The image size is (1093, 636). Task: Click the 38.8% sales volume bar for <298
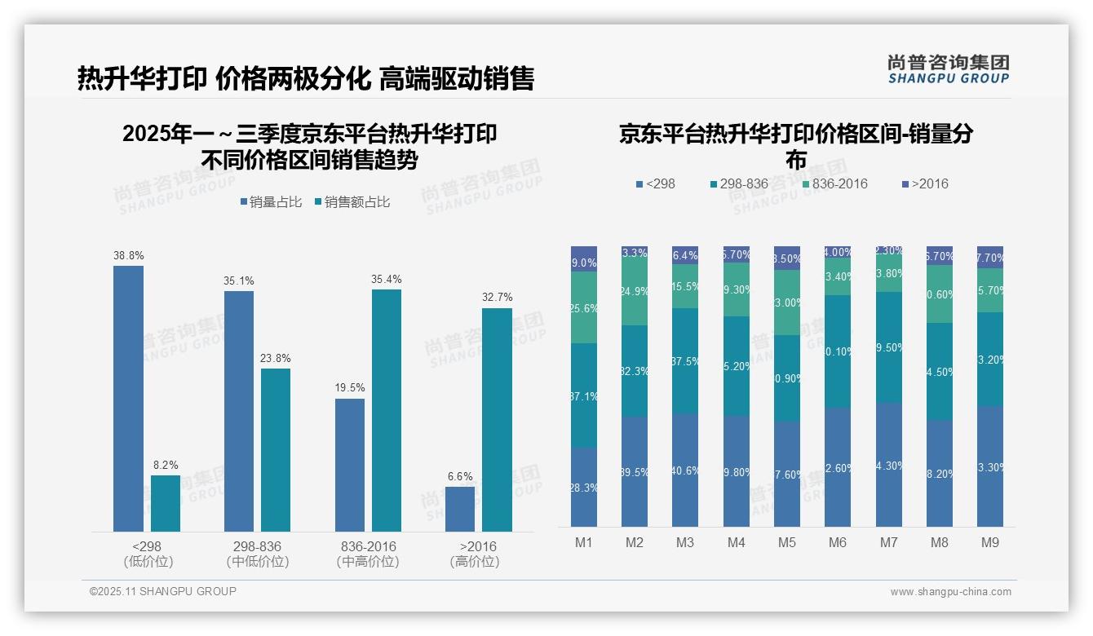tap(128, 399)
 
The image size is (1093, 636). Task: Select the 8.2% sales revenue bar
tap(166, 503)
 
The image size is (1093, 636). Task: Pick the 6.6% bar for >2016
tap(460, 509)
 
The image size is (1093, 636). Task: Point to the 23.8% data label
tap(276, 358)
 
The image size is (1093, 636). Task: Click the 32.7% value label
tap(497, 298)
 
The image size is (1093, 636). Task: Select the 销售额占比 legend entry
tap(352, 202)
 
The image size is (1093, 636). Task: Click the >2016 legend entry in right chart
tap(925, 183)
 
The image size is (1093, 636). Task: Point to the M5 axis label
tap(786, 542)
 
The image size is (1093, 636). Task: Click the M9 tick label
tap(989, 542)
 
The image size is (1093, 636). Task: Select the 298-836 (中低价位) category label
tap(257, 554)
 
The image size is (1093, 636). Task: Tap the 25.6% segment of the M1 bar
tap(584, 307)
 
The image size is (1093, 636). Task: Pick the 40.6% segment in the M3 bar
tap(685, 470)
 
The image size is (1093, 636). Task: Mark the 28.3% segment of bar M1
tap(584, 487)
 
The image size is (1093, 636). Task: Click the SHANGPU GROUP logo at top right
tap(948, 69)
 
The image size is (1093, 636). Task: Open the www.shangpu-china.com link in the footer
tap(950, 592)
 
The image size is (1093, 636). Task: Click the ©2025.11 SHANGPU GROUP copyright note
tap(163, 591)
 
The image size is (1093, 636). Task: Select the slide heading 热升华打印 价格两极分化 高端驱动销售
tap(306, 78)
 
